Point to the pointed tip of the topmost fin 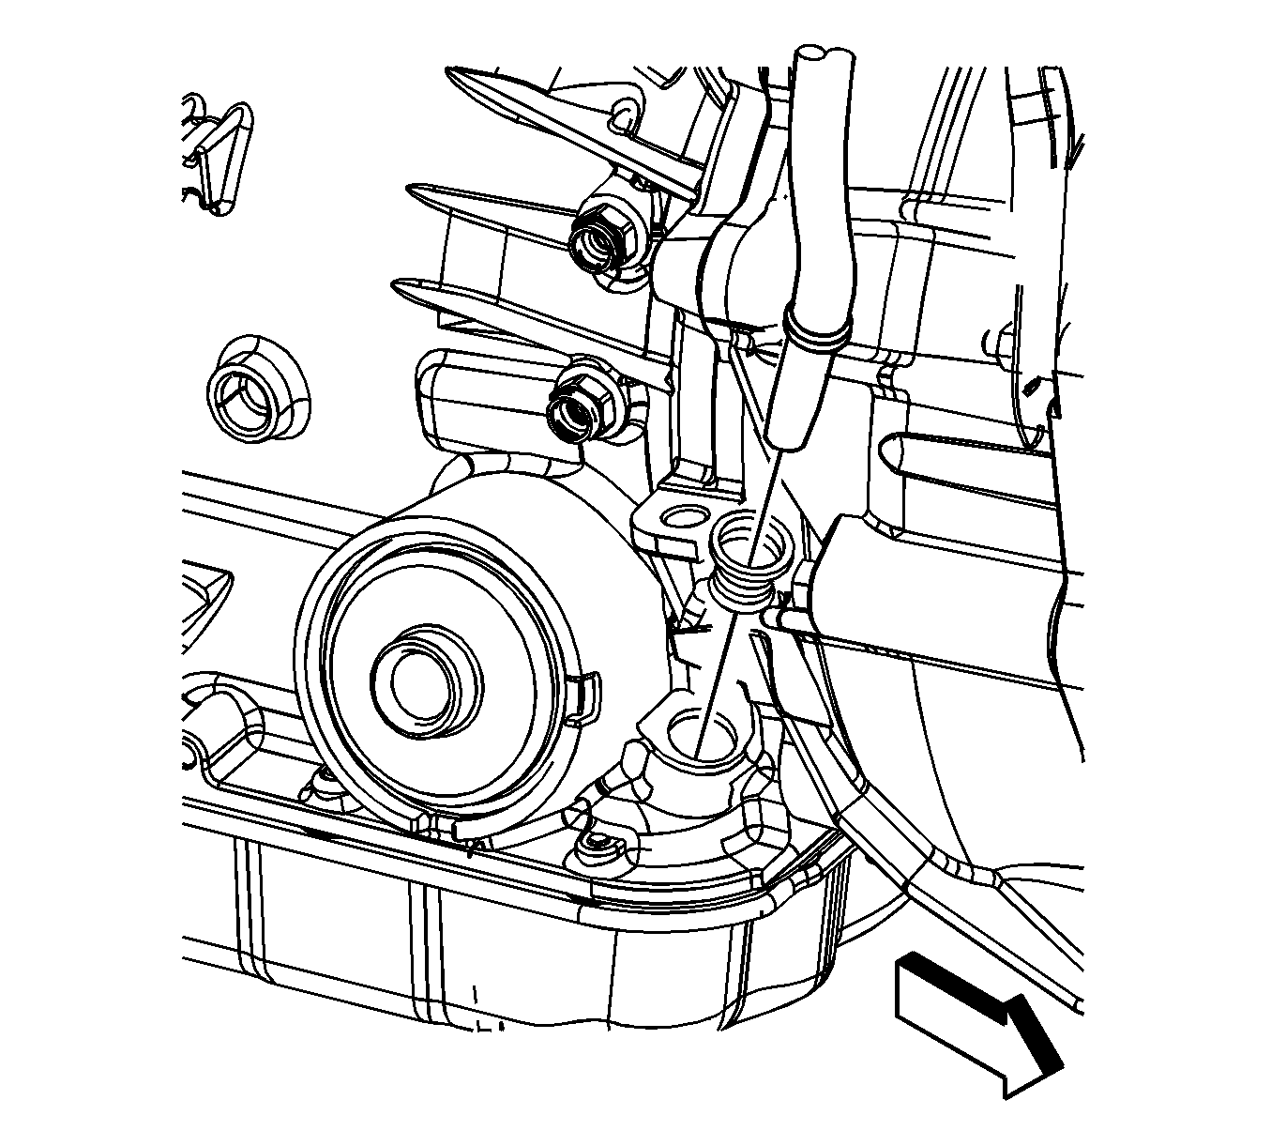451,73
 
